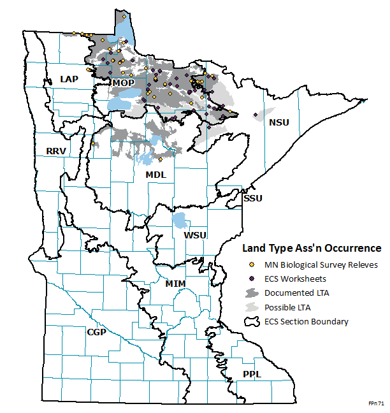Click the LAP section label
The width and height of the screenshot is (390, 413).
click(x=69, y=78)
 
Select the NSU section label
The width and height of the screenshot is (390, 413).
click(x=279, y=122)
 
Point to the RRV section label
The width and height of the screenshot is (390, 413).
click(x=57, y=151)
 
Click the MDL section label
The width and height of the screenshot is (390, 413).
click(x=155, y=174)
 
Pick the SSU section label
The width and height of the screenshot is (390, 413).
click(x=252, y=198)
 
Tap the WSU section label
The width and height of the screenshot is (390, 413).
click(x=195, y=235)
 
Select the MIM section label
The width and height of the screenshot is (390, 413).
click(x=175, y=282)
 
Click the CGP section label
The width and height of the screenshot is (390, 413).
click(x=96, y=332)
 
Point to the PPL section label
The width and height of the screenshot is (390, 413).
click(x=252, y=374)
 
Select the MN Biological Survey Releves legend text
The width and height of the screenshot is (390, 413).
click(x=321, y=264)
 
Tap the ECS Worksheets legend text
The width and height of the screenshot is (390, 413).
click(x=295, y=279)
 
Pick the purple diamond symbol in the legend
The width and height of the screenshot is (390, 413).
click(x=252, y=279)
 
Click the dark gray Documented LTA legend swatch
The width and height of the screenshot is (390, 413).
click(x=252, y=293)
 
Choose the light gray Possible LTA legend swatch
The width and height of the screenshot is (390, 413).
click(x=252, y=307)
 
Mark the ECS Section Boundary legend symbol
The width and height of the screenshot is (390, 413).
click(x=252, y=321)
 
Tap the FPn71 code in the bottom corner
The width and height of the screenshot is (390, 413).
click(x=376, y=404)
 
